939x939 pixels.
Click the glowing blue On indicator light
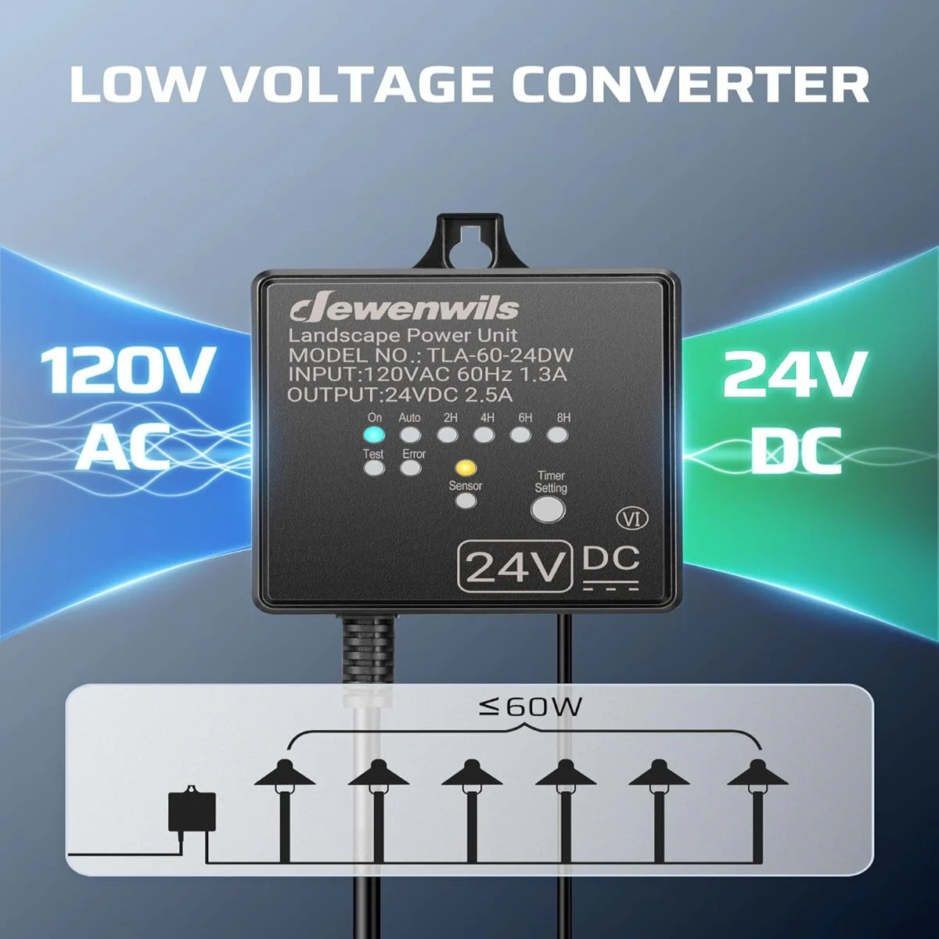pos(374,434)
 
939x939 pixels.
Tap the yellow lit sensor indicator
pos(466,468)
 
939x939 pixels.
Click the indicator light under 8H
pos(557,434)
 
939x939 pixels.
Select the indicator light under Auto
pos(410,434)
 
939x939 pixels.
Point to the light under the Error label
pos(410,468)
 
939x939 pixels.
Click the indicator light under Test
pos(374,468)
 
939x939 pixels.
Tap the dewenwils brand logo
pos(404,309)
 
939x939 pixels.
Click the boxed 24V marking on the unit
pos(514,567)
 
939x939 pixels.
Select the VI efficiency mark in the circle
pos(632,520)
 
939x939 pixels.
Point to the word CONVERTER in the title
pos(690,86)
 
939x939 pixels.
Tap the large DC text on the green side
pos(795,451)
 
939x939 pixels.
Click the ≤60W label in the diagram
pos(530,707)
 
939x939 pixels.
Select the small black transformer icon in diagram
pos(192,810)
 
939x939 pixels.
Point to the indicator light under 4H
pos(484,434)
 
